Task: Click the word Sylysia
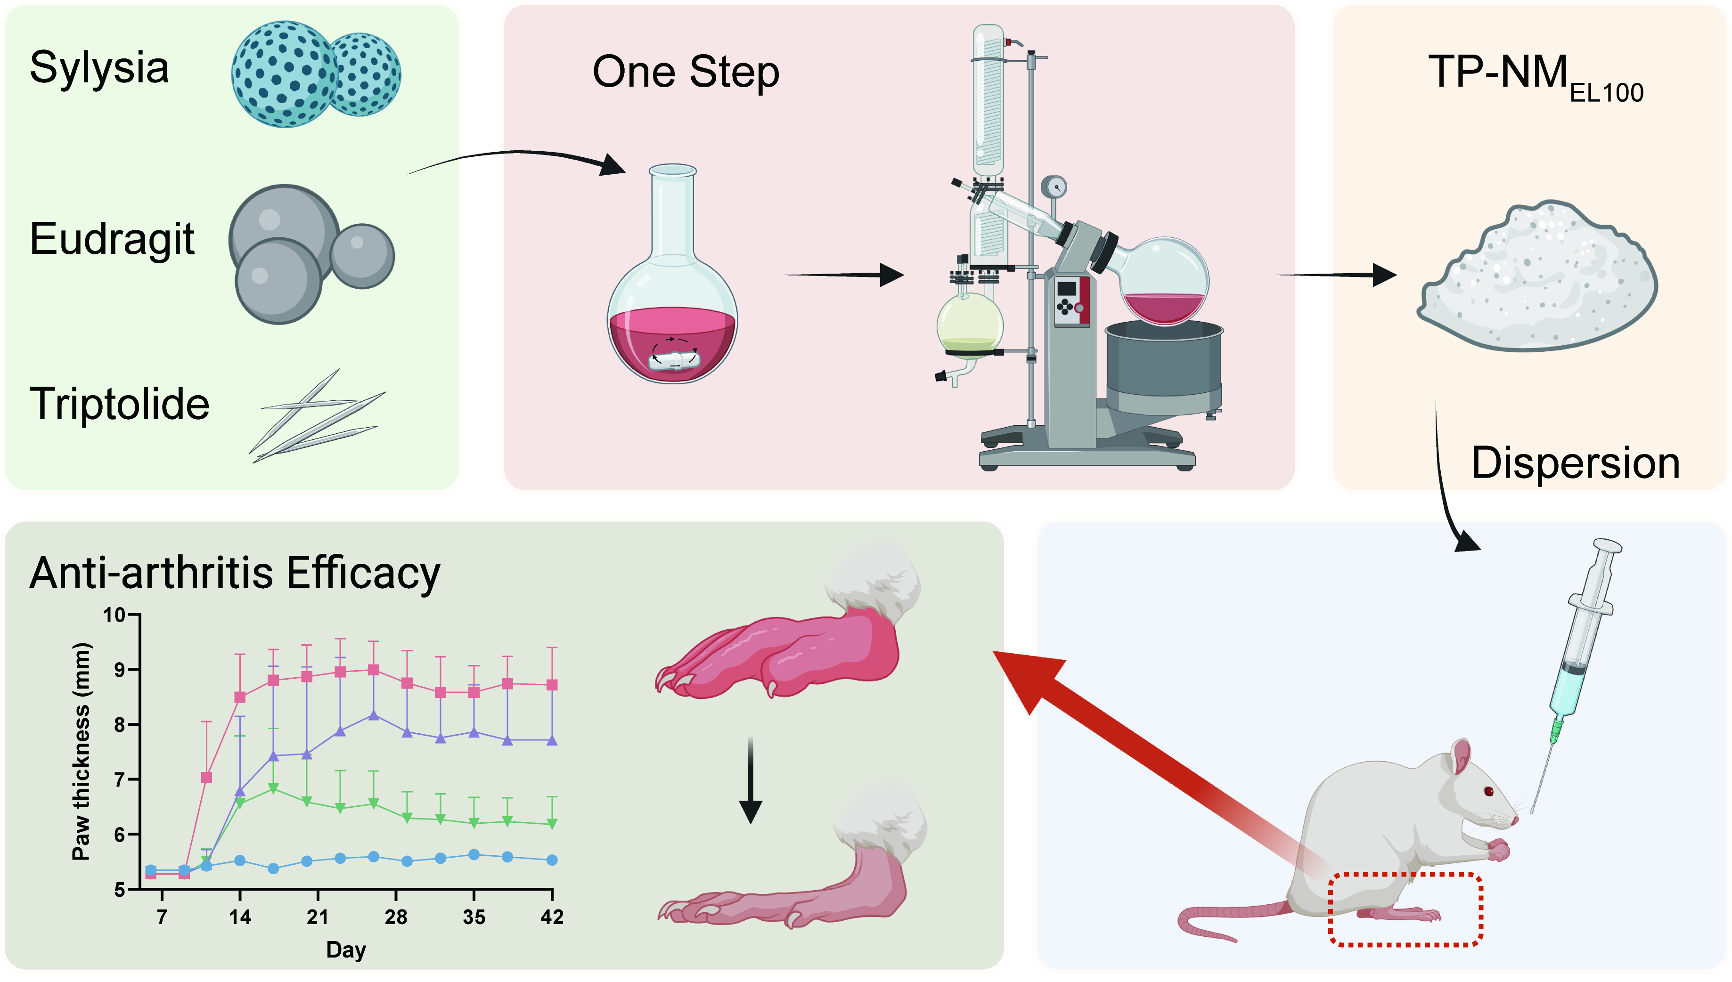click(99, 68)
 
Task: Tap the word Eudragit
click(112, 239)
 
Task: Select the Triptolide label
click(119, 404)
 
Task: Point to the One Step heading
click(686, 72)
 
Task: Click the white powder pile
click(1537, 280)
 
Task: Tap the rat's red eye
click(1489, 791)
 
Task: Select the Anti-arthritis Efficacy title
click(235, 573)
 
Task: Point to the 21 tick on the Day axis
click(318, 917)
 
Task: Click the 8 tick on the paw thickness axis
click(119, 725)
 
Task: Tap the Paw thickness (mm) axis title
click(81, 752)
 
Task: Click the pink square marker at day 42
click(552, 684)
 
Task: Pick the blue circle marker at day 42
click(552, 860)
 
